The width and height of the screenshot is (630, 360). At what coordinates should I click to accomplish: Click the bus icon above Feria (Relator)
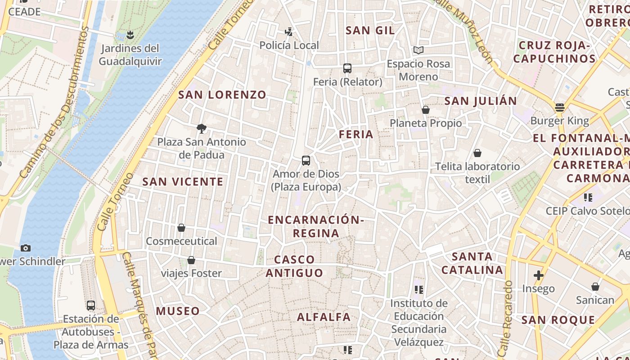click(347, 68)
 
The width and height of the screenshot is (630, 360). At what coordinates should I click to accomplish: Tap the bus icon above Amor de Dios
click(306, 161)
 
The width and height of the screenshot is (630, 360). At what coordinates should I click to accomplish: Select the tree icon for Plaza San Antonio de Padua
click(202, 129)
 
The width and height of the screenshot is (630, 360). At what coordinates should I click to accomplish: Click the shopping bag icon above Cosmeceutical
click(181, 228)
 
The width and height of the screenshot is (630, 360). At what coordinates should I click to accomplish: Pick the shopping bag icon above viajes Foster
click(191, 260)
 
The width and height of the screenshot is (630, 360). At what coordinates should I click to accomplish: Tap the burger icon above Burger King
click(559, 108)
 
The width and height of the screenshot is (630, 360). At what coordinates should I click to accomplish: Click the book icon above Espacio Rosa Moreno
click(418, 50)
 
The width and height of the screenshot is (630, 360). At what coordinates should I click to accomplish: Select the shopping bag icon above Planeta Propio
click(426, 110)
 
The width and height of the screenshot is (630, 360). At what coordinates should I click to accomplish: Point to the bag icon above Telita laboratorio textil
click(477, 153)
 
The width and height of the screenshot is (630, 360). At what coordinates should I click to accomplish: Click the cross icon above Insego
click(538, 275)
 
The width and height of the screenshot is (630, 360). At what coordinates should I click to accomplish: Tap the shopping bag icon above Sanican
click(595, 287)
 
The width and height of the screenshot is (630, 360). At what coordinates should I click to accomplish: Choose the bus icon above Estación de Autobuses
click(91, 306)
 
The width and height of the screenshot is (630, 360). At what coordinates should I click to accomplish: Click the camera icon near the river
click(26, 248)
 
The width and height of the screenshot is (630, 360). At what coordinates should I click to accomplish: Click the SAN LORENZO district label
click(222, 95)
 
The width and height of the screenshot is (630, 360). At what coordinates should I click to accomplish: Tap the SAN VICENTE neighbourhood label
click(183, 182)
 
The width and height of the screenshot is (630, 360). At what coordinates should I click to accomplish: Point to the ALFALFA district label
click(324, 317)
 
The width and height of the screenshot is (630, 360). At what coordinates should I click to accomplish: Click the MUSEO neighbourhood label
click(178, 311)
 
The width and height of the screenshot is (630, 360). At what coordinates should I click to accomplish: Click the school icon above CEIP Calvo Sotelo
click(588, 198)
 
